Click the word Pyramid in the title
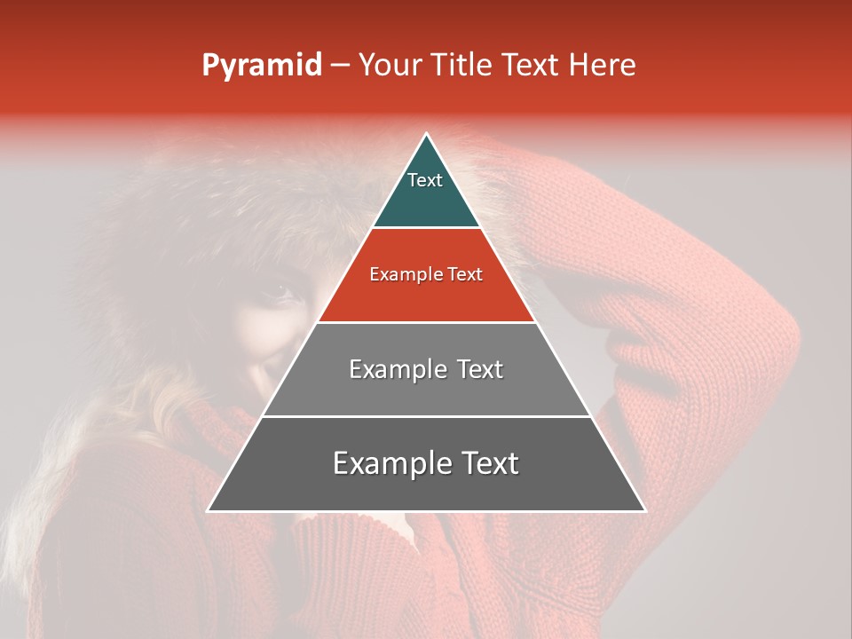pyautogui.click(x=261, y=66)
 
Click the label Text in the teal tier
pyautogui.click(x=425, y=180)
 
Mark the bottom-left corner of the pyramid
pyautogui.click(x=208, y=510)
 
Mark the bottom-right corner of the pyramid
pyautogui.click(x=645, y=510)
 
